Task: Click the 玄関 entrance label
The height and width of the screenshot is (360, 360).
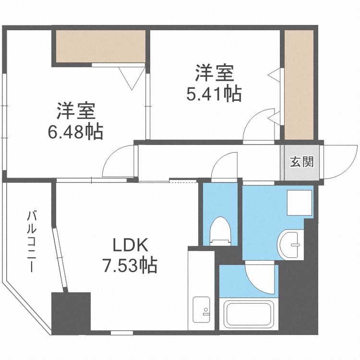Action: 301,162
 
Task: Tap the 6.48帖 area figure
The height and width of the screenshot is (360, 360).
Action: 75,131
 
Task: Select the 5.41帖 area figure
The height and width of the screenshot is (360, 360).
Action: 214,94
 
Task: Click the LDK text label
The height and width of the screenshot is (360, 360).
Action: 129,246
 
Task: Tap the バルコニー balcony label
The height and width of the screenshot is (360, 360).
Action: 32,241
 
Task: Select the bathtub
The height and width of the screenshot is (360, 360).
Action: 249,314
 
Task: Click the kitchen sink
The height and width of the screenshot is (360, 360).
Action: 202,310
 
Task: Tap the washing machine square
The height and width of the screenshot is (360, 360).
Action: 298,203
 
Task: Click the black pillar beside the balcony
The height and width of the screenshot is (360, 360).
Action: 71,313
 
